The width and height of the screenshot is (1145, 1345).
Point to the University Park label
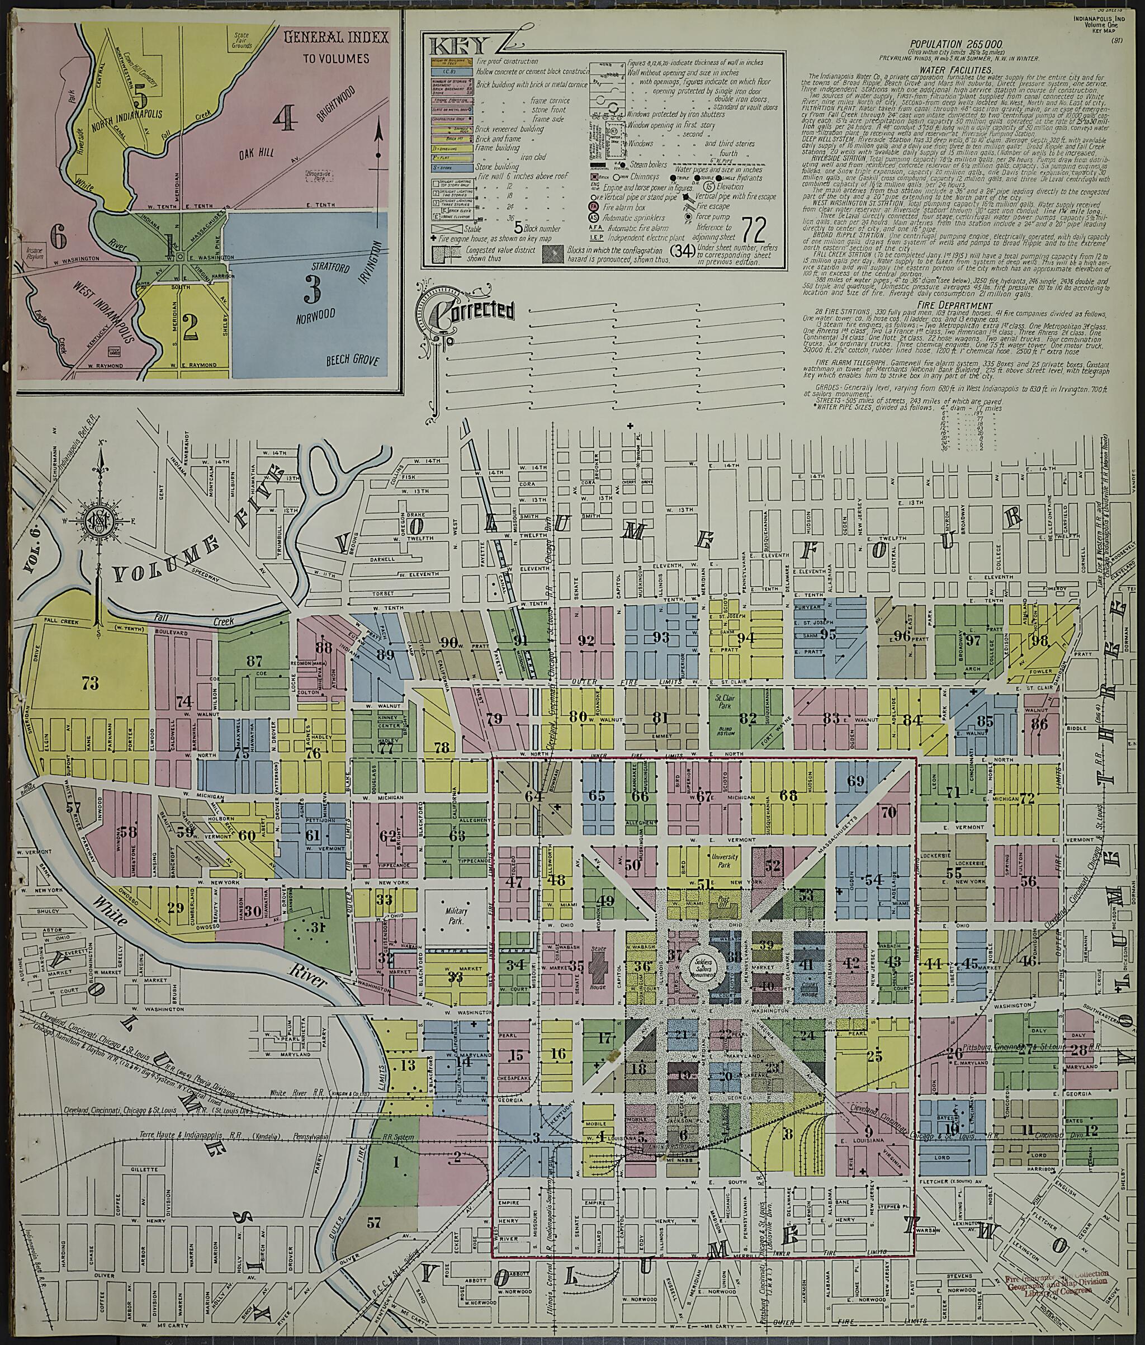click(725, 861)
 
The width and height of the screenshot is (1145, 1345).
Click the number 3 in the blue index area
click(312, 290)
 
